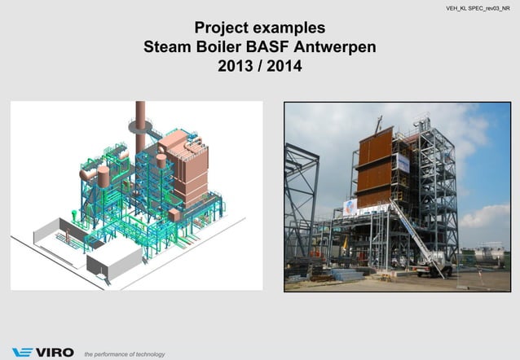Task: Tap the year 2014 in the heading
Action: pyautogui.click(x=284, y=65)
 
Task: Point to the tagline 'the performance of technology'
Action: pyautogui.click(x=124, y=354)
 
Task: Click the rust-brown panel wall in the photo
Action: pyautogui.click(x=376, y=171)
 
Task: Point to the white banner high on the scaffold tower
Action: pyautogui.click(x=403, y=163)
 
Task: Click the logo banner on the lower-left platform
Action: pyautogui.click(x=349, y=208)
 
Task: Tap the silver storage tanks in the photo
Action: pyautogui.click(x=489, y=255)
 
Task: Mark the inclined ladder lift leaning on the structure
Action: pyautogui.click(x=416, y=236)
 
